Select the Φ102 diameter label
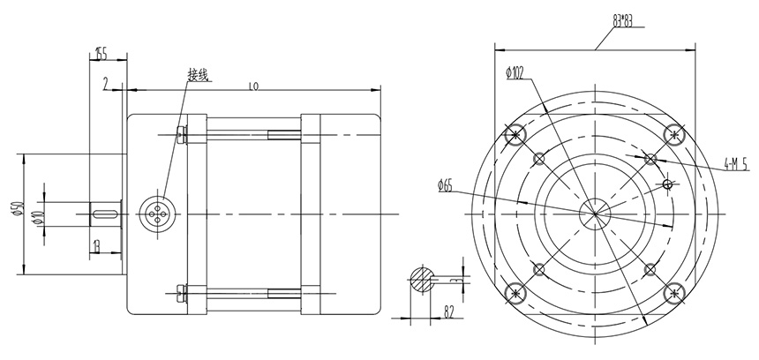[x=516, y=72]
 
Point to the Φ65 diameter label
[x=444, y=185]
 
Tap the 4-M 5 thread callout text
[x=734, y=163]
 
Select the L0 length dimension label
[x=254, y=86]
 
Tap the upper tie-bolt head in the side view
[x=183, y=134]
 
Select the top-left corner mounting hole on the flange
[x=516, y=135]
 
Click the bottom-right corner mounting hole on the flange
[x=673, y=291]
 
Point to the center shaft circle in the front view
[x=594, y=212]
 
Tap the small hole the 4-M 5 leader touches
[x=650, y=159]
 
